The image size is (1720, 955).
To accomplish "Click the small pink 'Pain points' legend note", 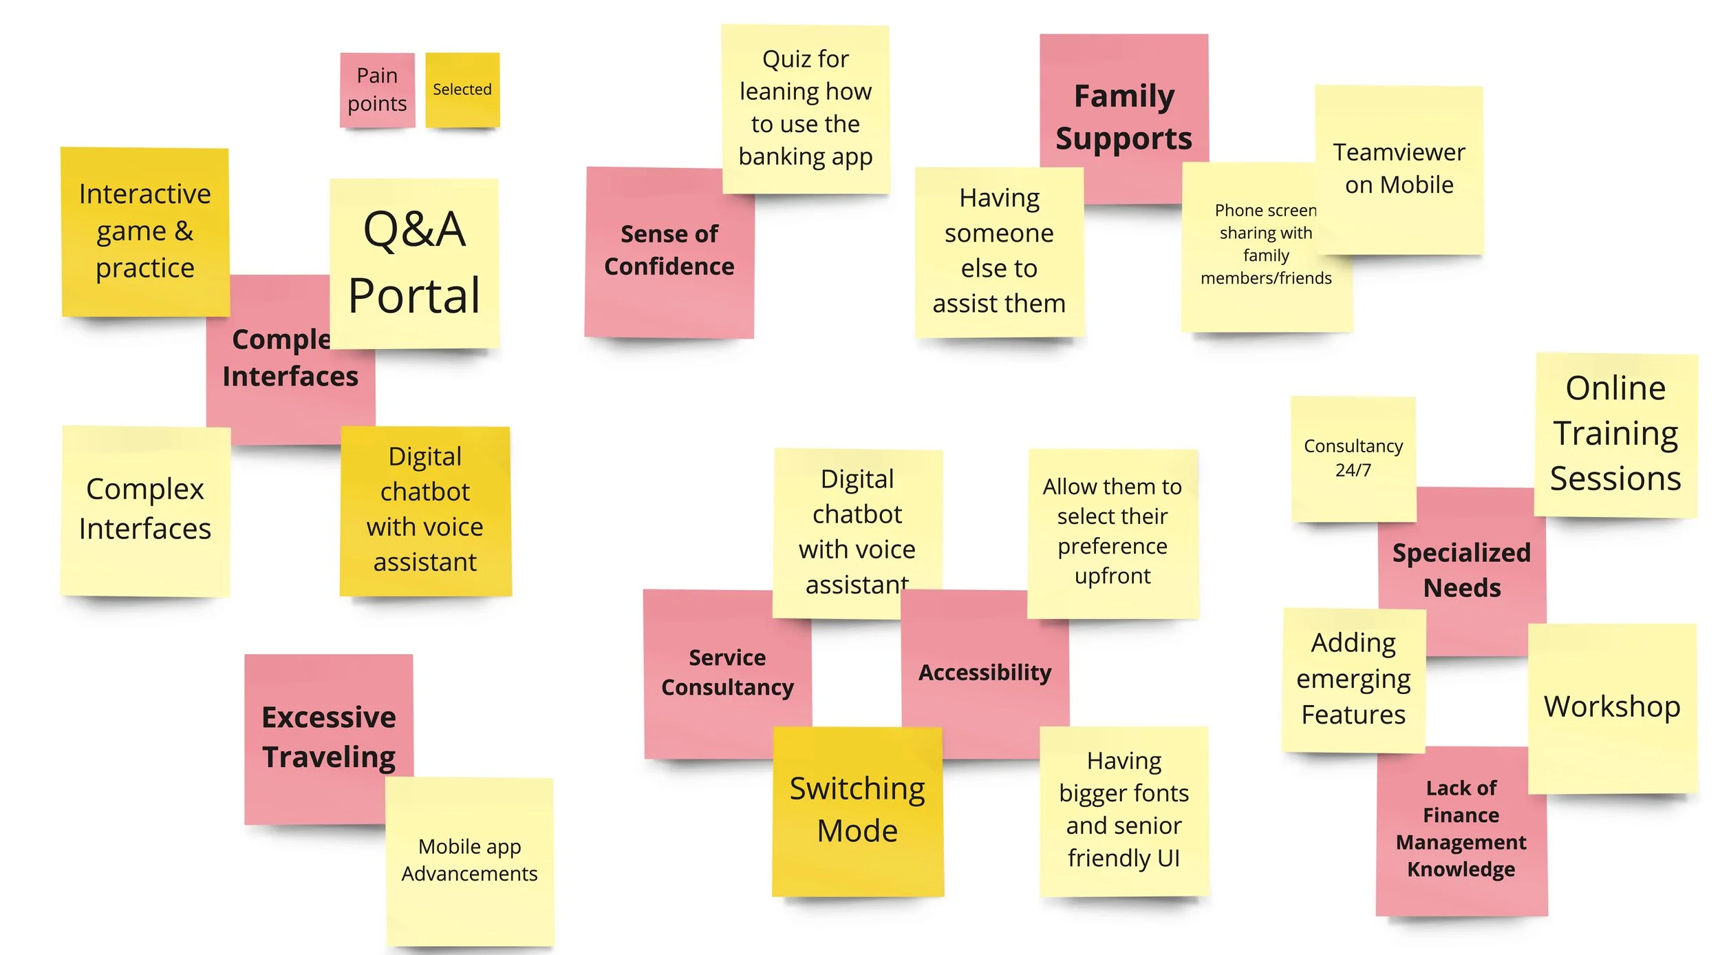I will click(377, 90).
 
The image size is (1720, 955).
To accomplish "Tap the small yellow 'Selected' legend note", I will click(462, 90).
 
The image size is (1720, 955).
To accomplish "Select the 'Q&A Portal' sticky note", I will click(414, 263).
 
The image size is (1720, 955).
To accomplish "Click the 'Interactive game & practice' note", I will click(144, 231).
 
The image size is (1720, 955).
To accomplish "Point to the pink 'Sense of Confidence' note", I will click(669, 251).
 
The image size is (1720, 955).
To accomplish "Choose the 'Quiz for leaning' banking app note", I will click(805, 108).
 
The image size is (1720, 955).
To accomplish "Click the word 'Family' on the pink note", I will click(1124, 96).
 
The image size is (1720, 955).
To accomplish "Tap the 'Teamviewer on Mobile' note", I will click(1399, 169).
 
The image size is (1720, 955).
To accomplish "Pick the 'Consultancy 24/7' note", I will click(1353, 458).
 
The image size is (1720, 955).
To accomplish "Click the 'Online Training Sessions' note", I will click(1615, 434).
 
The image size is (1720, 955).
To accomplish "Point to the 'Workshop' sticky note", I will click(1612, 707).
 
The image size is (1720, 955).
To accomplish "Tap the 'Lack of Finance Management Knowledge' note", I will click(1461, 829).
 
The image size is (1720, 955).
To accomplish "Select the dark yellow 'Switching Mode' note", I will click(857, 810).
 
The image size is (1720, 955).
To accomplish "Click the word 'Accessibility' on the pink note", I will click(985, 673).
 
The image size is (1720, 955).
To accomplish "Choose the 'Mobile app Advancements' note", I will click(469, 861).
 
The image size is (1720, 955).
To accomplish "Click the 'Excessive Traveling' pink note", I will click(329, 737).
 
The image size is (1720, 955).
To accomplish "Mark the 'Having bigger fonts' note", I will click(1124, 810).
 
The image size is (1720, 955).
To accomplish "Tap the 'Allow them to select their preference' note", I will click(1112, 532).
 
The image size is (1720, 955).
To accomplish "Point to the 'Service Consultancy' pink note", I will click(727, 673).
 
